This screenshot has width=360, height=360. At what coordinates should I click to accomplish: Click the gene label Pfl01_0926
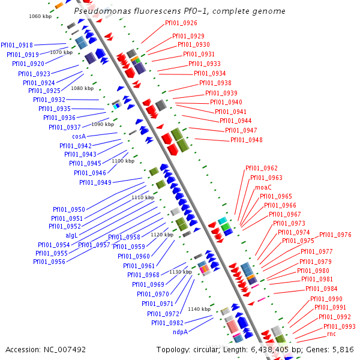pos(181,23)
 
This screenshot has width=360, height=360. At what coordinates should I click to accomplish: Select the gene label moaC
pos(263,187)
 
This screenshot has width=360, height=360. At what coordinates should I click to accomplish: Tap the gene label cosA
pos(79,136)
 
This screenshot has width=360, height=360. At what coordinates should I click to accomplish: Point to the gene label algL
pos(71,235)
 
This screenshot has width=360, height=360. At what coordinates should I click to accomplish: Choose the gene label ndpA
pos(180,332)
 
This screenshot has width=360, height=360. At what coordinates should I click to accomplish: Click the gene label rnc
pos(331,334)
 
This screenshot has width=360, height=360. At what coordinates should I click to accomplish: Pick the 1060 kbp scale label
pos(40,16)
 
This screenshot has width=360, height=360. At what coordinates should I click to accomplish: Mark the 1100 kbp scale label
pos(123,161)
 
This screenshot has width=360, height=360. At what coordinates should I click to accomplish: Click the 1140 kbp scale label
pos(199,309)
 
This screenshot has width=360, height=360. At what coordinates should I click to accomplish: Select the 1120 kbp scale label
pos(162,235)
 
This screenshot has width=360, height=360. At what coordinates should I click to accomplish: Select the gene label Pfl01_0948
pos(247,140)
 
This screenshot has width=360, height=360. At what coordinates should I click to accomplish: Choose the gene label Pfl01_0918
pos(17,45)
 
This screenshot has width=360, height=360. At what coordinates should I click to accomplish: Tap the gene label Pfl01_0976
pos(335,235)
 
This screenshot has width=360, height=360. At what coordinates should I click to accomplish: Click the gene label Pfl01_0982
pos(167,323)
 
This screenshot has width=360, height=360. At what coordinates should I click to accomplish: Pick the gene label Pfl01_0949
pos(95,182)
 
